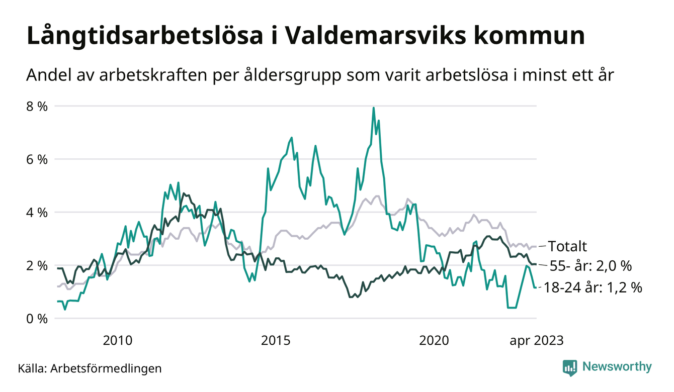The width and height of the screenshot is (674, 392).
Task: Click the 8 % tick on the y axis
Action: pyautogui.click(x=37, y=107)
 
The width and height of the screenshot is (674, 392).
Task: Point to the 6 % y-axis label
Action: pyautogui.click(x=37, y=159)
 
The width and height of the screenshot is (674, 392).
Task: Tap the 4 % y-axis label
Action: pyautogui.click(x=37, y=212)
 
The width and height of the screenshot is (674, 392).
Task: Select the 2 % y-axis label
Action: pyautogui.click(x=37, y=265)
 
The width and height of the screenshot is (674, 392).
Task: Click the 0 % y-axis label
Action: pyautogui.click(x=37, y=318)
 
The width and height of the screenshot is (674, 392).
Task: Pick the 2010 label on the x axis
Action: pyautogui.click(x=118, y=340)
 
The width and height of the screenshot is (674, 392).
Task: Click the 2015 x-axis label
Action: pyautogui.click(x=276, y=340)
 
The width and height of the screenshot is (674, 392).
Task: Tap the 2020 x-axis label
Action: pyautogui.click(x=434, y=340)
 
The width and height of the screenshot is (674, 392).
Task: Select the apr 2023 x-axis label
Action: pyautogui.click(x=537, y=340)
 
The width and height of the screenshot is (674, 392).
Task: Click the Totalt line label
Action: pyautogui.click(x=567, y=246)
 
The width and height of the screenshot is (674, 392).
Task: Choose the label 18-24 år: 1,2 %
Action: pyautogui.click(x=593, y=287)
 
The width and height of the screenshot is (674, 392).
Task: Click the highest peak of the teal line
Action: pyautogui.click(x=374, y=108)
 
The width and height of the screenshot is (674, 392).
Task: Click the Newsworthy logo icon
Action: pyautogui.click(x=570, y=367)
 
